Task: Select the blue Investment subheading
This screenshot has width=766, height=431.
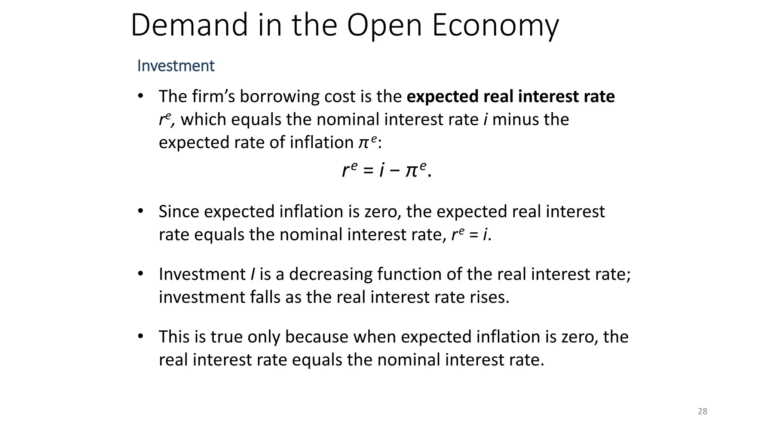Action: pyautogui.click(x=176, y=66)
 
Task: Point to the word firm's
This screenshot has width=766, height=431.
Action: pyautogui.click(x=213, y=96)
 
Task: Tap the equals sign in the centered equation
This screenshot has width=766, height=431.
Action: pyautogui.click(x=368, y=171)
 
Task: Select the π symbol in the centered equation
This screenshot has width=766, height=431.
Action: pyautogui.click(x=411, y=172)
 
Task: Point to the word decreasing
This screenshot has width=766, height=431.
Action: pyautogui.click(x=331, y=274)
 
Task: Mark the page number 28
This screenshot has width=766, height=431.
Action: pyautogui.click(x=702, y=412)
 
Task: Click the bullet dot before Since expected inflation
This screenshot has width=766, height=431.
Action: pyautogui.click(x=141, y=211)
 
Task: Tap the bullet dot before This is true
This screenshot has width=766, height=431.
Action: pyautogui.click(x=141, y=336)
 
